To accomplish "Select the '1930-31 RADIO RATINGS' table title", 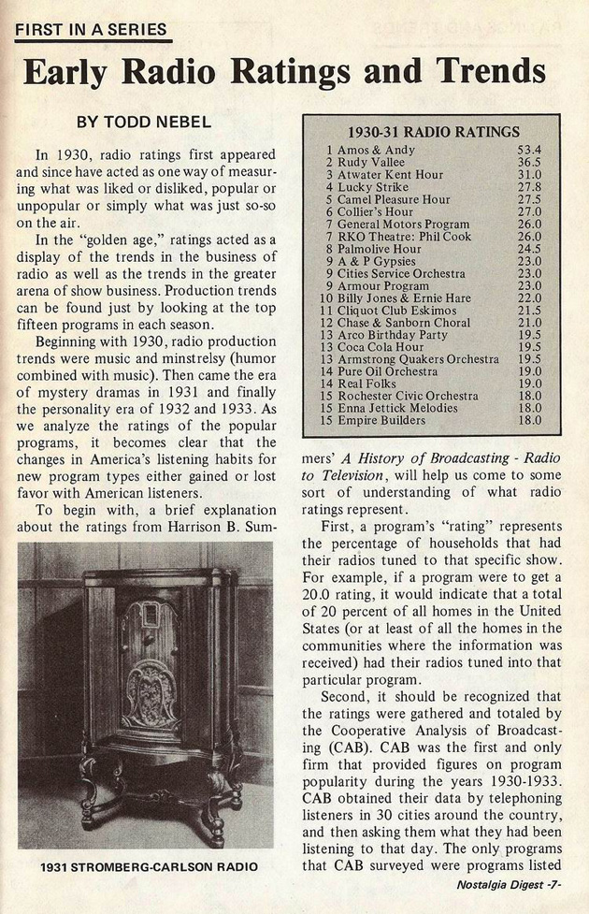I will tap(432, 131).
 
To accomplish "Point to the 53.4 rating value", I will tap(529, 150).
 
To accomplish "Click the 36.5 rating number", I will tap(529, 162).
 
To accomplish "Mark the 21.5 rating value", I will tap(529, 310).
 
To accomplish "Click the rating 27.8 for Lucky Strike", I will tap(529, 187).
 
